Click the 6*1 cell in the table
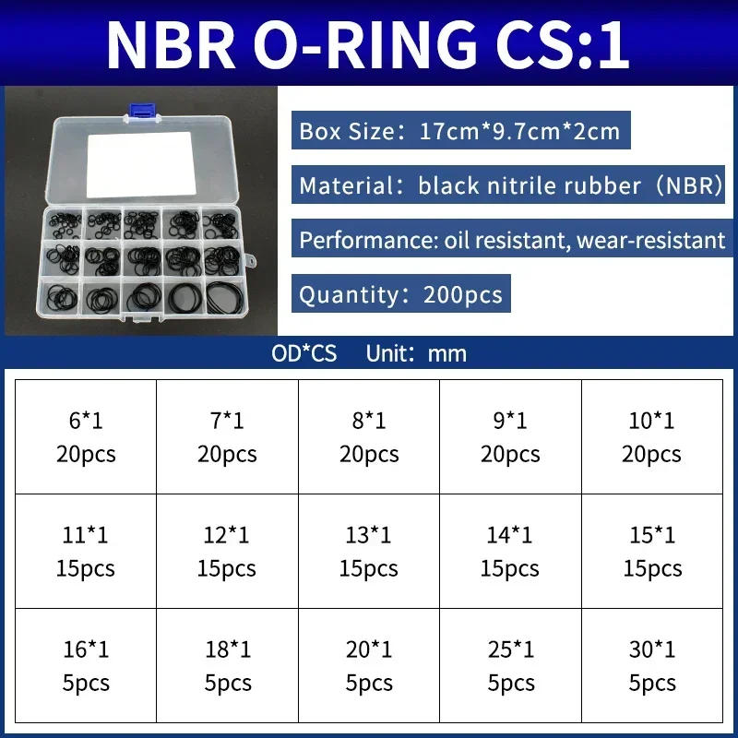pos(86,436)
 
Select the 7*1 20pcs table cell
pos(227,436)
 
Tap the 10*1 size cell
pos(652,436)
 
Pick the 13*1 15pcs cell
pos(369,551)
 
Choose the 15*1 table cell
pos(652,551)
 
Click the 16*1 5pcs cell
pos(86,665)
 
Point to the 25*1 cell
pos(510,665)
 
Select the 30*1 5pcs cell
pos(652,665)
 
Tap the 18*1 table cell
pos(227,665)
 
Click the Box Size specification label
pos(459,130)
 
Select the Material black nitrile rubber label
pos(510,185)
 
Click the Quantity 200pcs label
pos(400,295)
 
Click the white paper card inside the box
pos(139,169)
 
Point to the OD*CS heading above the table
pos(304,353)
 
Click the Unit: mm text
pos(416,353)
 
